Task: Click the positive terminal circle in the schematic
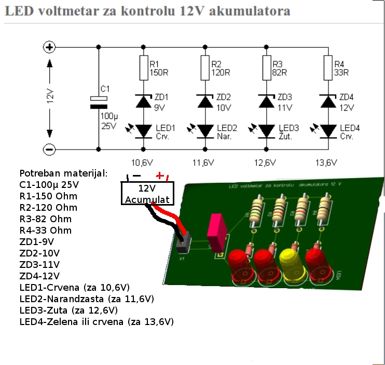[49, 47]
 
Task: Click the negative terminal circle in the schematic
[49, 148]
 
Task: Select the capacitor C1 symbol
[98, 102]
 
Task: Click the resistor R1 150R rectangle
[143, 68]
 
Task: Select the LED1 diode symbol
[143, 131]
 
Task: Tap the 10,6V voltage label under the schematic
[142, 163]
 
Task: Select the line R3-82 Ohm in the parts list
[45, 219]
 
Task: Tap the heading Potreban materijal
[63, 173]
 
